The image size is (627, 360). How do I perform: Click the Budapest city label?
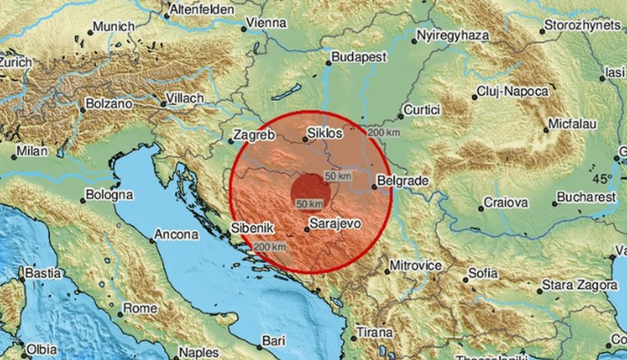(x=353, y=58)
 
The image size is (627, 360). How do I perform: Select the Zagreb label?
(x=252, y=132)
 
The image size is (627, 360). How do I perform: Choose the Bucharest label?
(x=562, y=198)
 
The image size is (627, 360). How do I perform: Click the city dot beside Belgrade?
(x=375, y=186)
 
